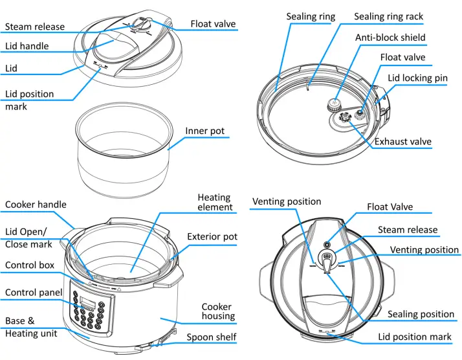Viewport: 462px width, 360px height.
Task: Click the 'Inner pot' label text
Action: pyautogui.click(x=204, y=131)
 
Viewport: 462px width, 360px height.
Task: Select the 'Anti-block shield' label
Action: pyautogui.click(x=390, y=37)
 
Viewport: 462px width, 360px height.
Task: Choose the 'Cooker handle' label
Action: pyautogui.click(x=36, y=205)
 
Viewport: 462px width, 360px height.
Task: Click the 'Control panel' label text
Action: pyautogui.click(x=34, y=293)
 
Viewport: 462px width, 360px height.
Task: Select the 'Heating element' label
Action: pyautogui.click(x=215, y=202)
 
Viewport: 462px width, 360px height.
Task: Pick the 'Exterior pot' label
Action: pyautogui.click(x=212, y=236)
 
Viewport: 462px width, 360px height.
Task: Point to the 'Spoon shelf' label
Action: pyautogui.click(x=212, y=337)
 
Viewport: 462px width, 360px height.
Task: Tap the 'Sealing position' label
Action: pyautogui.click(x=421, y=314)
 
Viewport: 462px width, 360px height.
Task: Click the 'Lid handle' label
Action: pyautogui.click(x=27, y=47)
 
